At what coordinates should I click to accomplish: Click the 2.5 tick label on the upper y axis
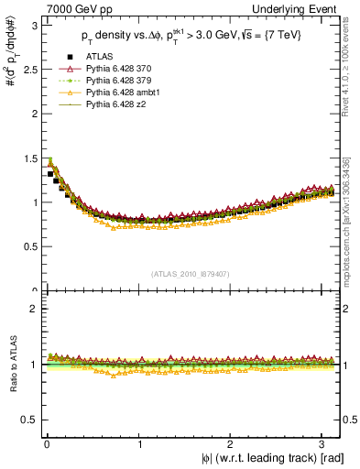[x=28, y=70]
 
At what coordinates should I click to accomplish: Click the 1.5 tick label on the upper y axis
[x=28, y=158]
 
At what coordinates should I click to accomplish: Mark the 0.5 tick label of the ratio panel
[x=28, y=420]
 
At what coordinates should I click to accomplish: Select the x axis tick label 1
[x=138, y=444]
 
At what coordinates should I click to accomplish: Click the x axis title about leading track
[x=273, y=459]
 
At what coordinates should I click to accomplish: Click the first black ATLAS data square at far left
[x=49, y=174]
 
